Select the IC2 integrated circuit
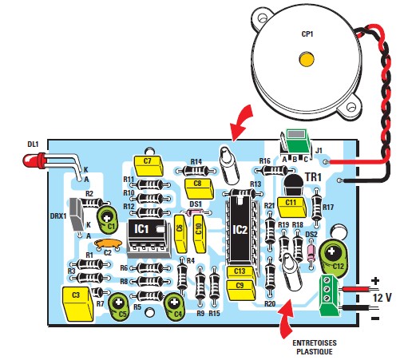[240, 230]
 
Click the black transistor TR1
[291, 185]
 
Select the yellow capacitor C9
[240, 285]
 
